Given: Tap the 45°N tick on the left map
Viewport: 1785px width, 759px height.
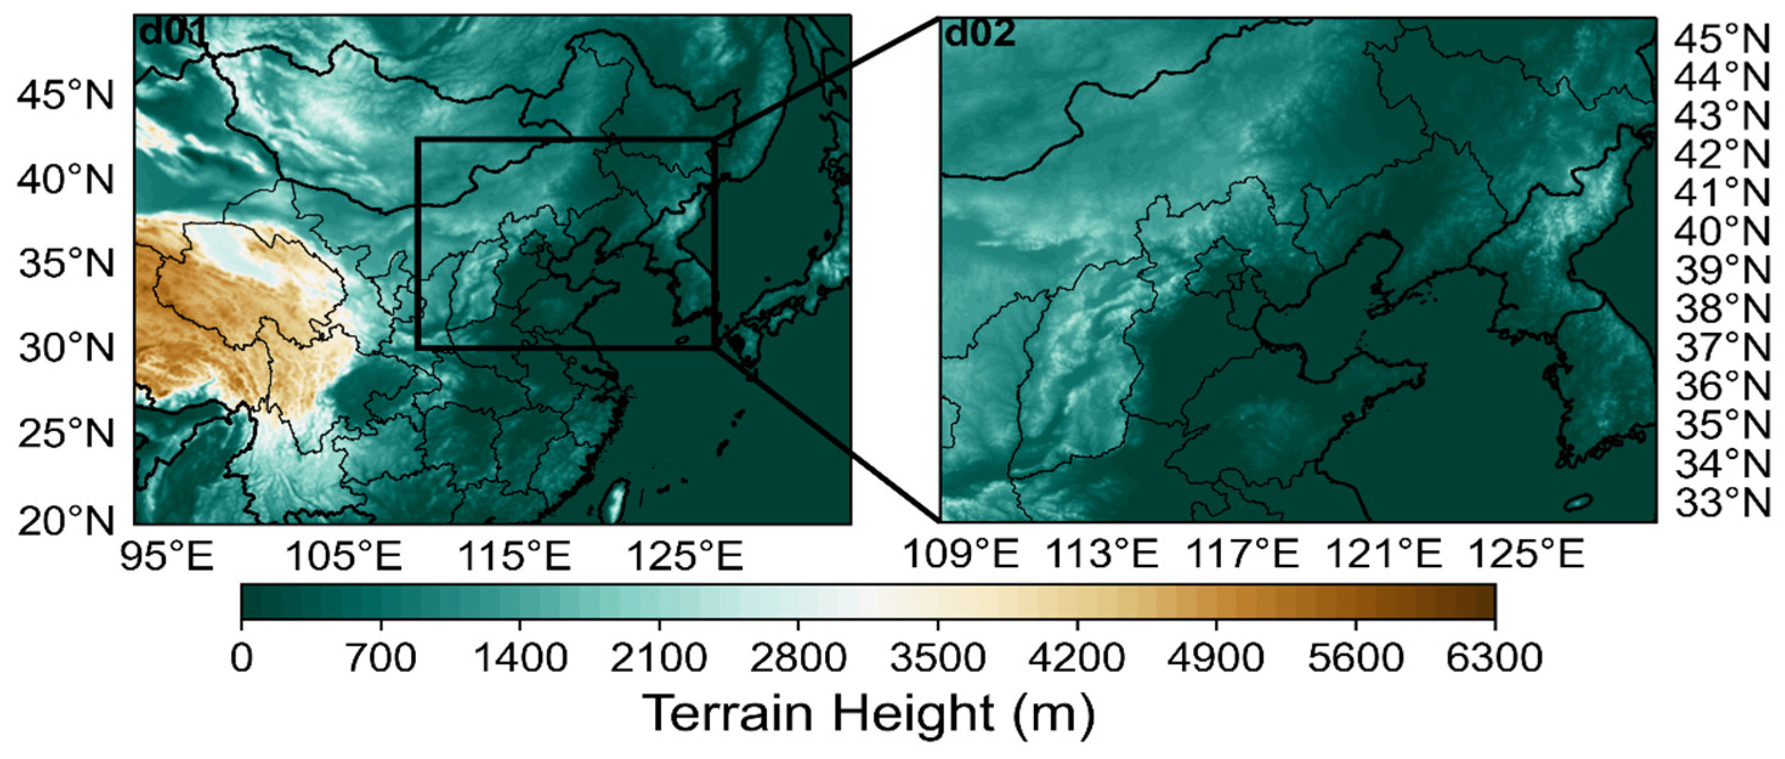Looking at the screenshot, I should point(65,97).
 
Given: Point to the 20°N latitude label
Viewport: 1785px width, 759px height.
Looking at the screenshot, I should point(65,520).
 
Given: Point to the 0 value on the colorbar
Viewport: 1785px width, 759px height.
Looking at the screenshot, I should point(241,657).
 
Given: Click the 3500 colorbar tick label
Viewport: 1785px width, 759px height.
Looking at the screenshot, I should point(937,657).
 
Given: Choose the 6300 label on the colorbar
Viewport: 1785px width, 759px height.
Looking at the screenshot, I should point(1494,657).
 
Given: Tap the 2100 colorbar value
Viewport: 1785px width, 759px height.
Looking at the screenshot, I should point(659,657).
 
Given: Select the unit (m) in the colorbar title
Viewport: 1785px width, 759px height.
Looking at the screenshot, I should point(1053,713).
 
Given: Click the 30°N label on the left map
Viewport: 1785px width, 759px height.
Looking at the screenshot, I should point(65,348).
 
